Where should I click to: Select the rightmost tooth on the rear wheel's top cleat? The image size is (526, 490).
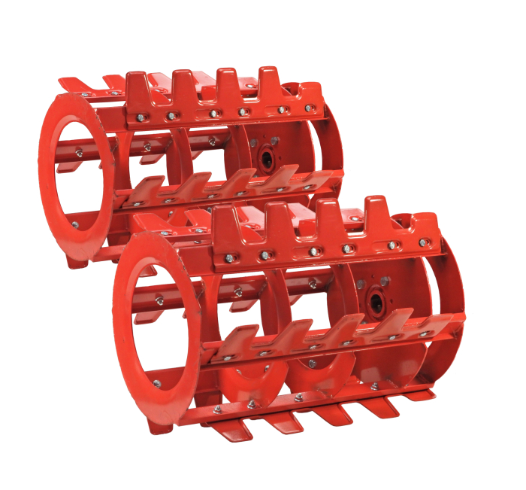[269, 79]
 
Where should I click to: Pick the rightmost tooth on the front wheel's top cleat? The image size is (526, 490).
[373, 209]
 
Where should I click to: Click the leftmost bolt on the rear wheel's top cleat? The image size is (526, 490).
[141, 117]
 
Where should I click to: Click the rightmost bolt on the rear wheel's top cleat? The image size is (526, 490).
[309, 108]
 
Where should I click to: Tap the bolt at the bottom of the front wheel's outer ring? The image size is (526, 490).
[157, 384]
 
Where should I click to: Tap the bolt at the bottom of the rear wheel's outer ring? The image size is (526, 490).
[74, 224]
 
